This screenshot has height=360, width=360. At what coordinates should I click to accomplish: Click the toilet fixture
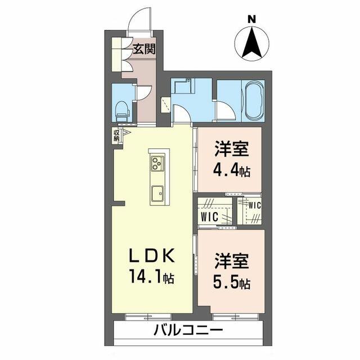[122, 111]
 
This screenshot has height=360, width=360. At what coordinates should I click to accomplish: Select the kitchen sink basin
[157, 193]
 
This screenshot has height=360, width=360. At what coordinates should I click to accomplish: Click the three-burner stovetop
[157, 163]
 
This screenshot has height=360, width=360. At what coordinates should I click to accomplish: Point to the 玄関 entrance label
[144, 49]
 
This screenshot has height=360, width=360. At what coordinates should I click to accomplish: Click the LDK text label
[152, 256]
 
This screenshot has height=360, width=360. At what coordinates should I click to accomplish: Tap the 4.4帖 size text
[231, 170]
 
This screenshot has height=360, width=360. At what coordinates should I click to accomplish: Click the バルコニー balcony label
[188, 331]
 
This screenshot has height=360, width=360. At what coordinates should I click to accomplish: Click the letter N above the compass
[251, 19]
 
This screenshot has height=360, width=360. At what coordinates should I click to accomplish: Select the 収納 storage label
[116, 136]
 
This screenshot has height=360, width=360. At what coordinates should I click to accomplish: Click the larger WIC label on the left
[209, 217]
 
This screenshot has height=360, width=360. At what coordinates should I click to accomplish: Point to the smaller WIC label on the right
[255, 205]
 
